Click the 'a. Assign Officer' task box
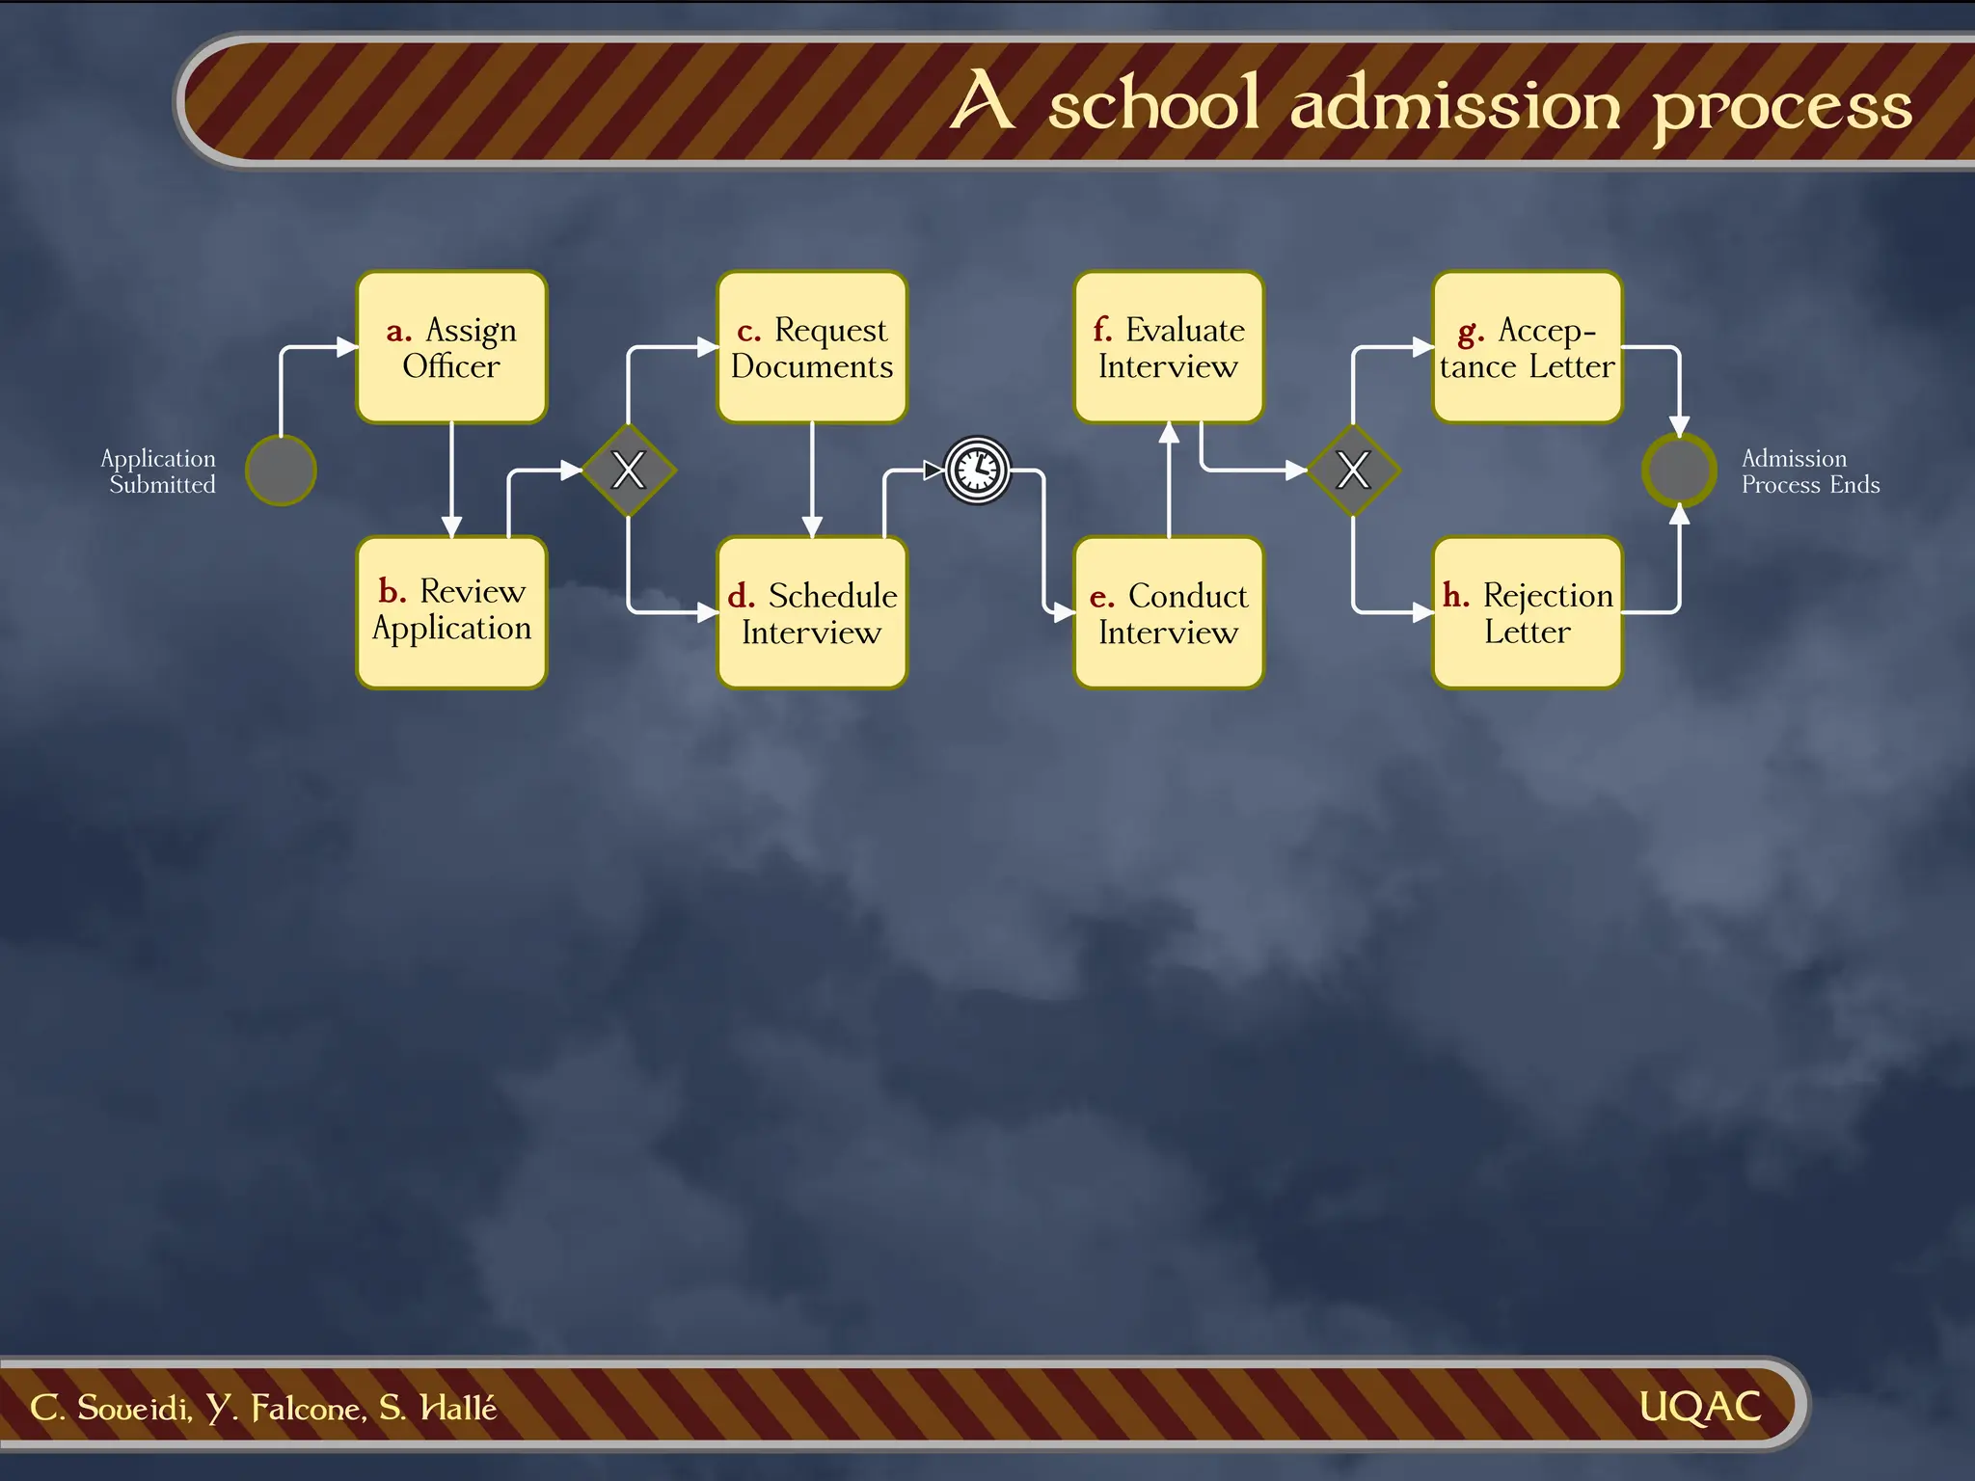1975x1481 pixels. click(x=451, y=347)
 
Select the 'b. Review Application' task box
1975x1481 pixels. click(x=451, y=611)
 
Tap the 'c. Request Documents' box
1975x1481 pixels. click(x=812, y=347)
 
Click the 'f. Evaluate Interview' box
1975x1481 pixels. click(x=1169, y=347)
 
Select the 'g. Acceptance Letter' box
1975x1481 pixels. click(x=1528, y=347)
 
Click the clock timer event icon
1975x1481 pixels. click(x=977, y=471)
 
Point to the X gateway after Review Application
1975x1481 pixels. click(x=628, y=471)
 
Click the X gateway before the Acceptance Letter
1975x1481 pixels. click(x=1353, y=471)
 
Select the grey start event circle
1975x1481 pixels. click(x=281, y=471)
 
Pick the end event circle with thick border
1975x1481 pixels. click(x=1679, y=471)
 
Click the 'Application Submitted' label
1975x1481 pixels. click(x=159, y=471)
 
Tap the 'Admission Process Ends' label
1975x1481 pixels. click(x=1809, y=471)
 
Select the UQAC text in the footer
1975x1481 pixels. click(x=1699, y=1407)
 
